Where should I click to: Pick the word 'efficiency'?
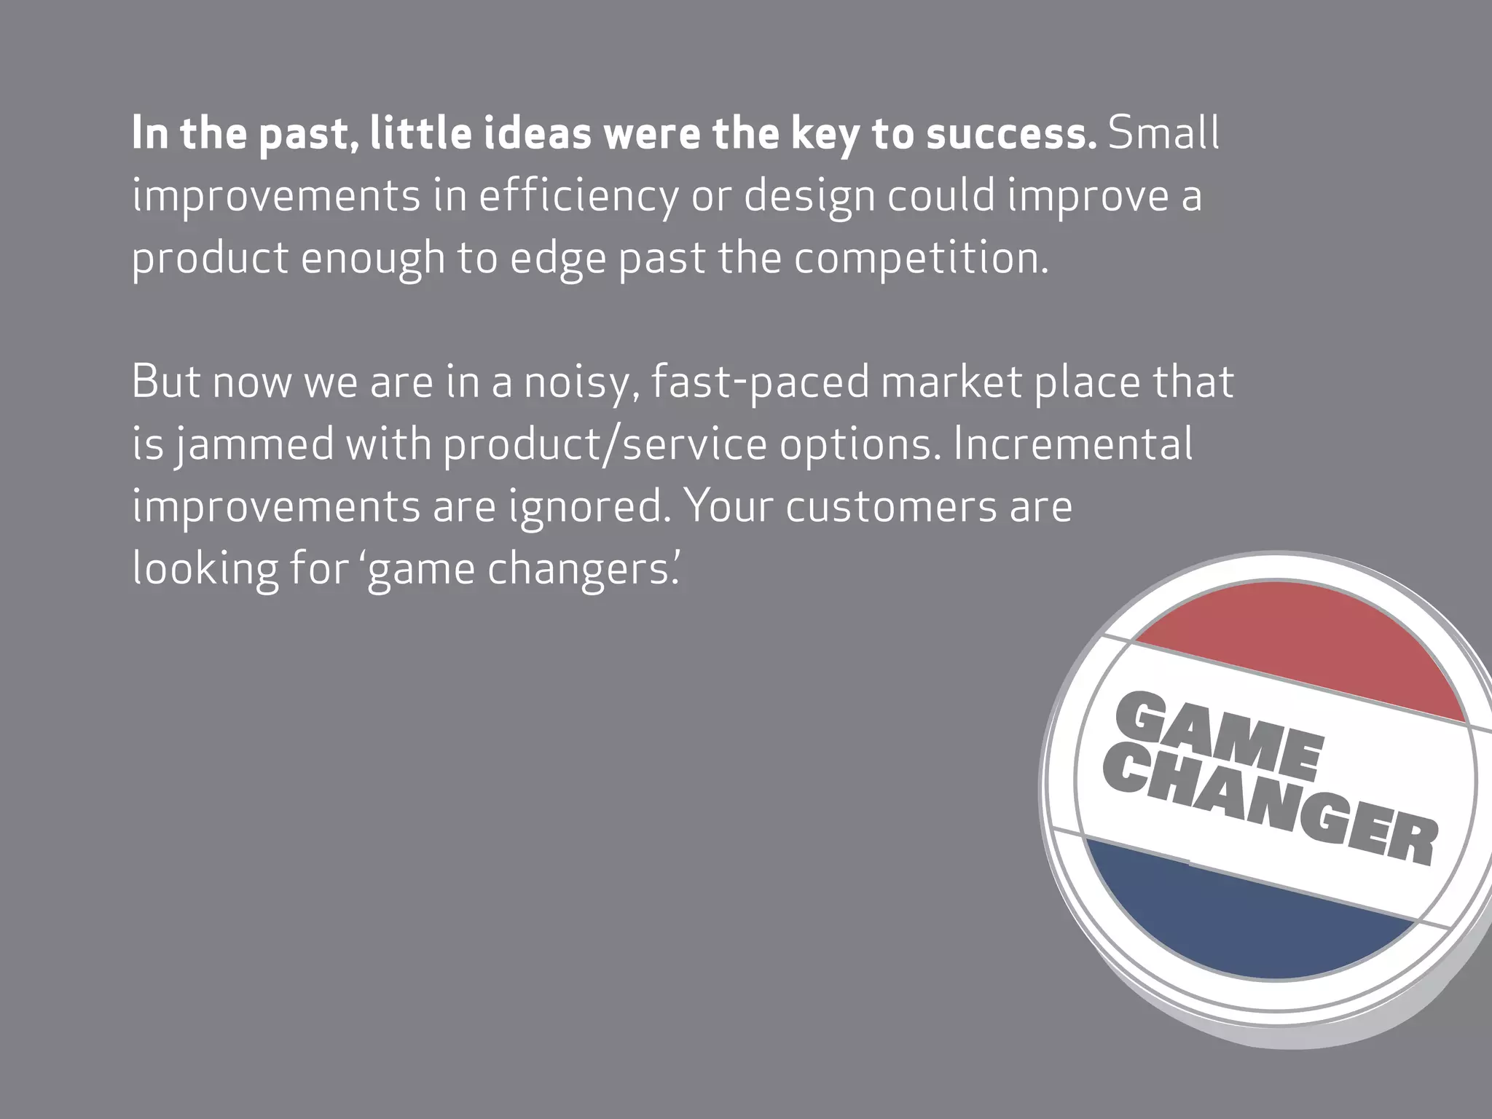(x=578, y=197)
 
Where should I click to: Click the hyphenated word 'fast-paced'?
(x=760, y=382)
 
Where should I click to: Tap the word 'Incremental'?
(x=1073, y=444)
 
